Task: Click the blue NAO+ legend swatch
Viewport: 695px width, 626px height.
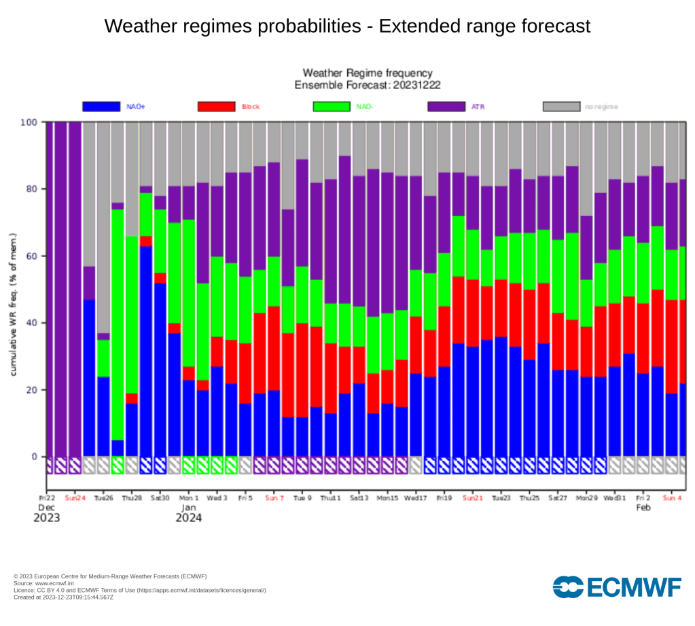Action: [101, 107]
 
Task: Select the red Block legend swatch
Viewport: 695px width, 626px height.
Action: [216, 107]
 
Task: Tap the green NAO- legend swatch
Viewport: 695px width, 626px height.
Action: [332, 107]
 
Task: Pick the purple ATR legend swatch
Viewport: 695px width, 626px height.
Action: [446, 107]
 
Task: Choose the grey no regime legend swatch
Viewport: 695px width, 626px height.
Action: [562, 107]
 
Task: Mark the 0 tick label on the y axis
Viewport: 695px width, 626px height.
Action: [35, 457]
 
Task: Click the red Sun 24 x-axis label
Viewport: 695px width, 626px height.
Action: [75, 497]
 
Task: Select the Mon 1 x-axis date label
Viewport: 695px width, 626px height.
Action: [189, 497]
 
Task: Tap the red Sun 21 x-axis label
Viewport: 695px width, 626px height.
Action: [472, 497]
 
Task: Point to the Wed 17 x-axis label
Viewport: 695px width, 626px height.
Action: [416, 497]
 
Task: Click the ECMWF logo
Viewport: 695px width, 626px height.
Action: [617, 587]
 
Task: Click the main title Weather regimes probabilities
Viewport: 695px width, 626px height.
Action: [347, 27]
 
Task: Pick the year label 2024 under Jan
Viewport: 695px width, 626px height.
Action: [188, 518]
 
